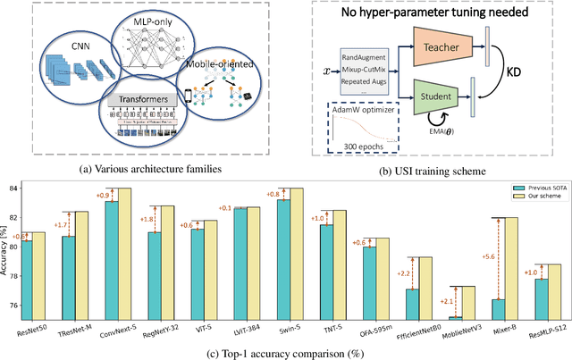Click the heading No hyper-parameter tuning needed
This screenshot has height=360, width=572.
tap(439, 13)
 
